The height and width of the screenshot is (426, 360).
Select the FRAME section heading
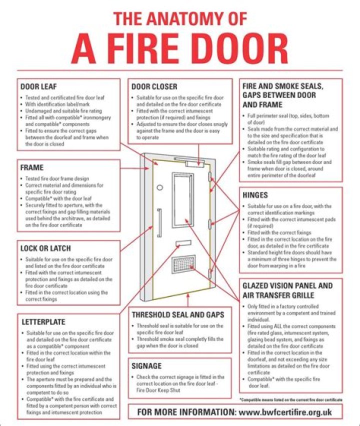pyautogui.click(x=32, y=167)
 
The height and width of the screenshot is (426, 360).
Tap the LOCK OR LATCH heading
pyautogui.click(x=45, y=248)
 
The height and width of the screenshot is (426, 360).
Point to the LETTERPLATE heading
pyautogui.click(x=43, y=321)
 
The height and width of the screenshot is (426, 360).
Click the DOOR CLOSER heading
pyautogui.click(x=154, y=86)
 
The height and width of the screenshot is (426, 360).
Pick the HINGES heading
pyautogui.click(x=255, y=194)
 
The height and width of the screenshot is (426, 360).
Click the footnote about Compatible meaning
pyautogui.click(x=291, y=400)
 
